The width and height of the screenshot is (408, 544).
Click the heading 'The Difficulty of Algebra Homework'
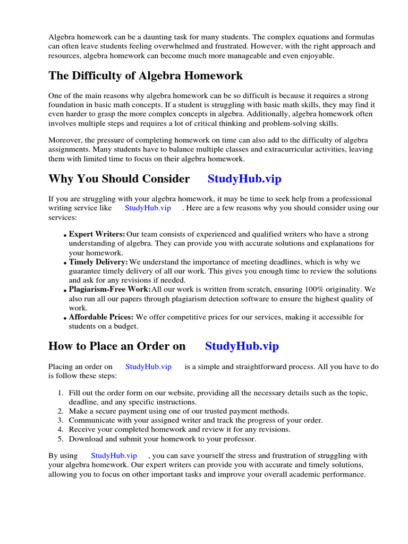(x=146, y=75)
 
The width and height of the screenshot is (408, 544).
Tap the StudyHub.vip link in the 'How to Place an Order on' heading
(x=242, y=346)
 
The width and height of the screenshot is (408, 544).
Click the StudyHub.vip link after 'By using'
(x=114, y=455)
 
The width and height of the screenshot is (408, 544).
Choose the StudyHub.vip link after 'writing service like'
(x=148, y=208)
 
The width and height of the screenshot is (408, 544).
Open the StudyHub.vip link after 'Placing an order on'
(x=148, y=366)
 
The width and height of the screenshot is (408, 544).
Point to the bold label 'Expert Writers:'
(x=97, y=234)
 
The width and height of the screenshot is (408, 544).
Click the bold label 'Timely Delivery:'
(x=98, y=262)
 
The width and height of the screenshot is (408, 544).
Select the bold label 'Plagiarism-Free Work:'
(x=109, y=290)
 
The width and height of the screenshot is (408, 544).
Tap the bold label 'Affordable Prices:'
(x=101, y=317)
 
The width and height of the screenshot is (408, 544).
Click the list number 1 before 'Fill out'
(x=59, y=393)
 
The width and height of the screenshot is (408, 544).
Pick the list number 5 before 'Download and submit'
(x=59, y=439)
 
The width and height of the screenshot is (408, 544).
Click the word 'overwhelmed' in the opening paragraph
(x=170, y=46)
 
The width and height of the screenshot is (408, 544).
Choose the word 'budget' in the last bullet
(x=125, y=326)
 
